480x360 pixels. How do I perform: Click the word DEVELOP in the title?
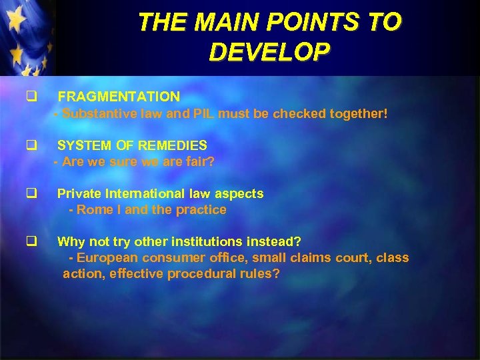tap(269, 51)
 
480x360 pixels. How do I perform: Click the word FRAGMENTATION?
tap(119, 97)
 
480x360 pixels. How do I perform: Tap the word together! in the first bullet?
tap(354, 114)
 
